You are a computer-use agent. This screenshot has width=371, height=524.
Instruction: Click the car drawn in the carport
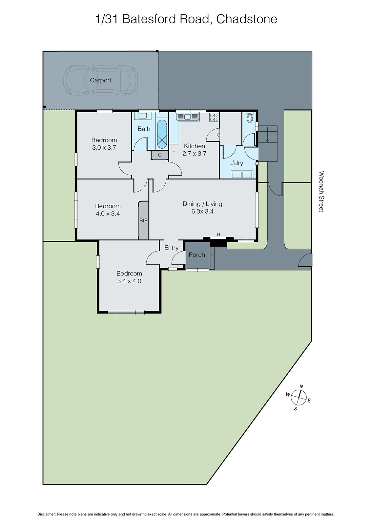[100, 81]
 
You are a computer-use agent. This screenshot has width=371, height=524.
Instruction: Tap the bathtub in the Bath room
[162, 133]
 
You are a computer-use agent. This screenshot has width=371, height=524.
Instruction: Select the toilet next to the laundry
[250, 118]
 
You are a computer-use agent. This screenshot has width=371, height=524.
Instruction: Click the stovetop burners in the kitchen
[214, 117]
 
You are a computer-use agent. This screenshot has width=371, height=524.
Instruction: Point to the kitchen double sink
[188, 117]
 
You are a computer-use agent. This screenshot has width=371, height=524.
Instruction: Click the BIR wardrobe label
[143, 221]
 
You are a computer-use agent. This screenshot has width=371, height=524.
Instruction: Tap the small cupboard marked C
[160, 155]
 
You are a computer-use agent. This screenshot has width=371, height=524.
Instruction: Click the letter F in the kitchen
[174, 152]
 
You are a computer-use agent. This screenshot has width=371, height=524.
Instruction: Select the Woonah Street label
[321, 192]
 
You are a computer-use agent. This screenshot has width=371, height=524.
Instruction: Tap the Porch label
[197, 255]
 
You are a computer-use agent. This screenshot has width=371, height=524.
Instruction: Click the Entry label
[171, 248]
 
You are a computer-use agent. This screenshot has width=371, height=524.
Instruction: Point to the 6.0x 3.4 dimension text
[202, 212]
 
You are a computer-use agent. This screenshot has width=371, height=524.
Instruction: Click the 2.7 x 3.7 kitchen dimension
[194, 153]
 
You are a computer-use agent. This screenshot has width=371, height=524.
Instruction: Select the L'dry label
[236, 163]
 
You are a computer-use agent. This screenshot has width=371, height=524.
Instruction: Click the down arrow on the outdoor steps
[267, 135]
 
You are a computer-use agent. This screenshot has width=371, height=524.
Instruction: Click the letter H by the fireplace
[218, 234]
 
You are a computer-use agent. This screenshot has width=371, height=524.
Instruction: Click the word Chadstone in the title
[247, 19]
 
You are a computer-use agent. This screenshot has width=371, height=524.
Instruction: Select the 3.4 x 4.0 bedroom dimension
[129, 281]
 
